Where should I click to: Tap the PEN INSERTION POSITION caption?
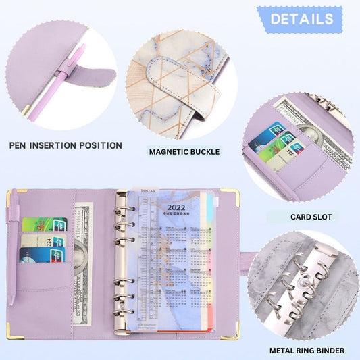[x=66, y=145]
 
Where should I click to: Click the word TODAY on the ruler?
[x=148, y=190]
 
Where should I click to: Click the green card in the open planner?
[x=44, y=224]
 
